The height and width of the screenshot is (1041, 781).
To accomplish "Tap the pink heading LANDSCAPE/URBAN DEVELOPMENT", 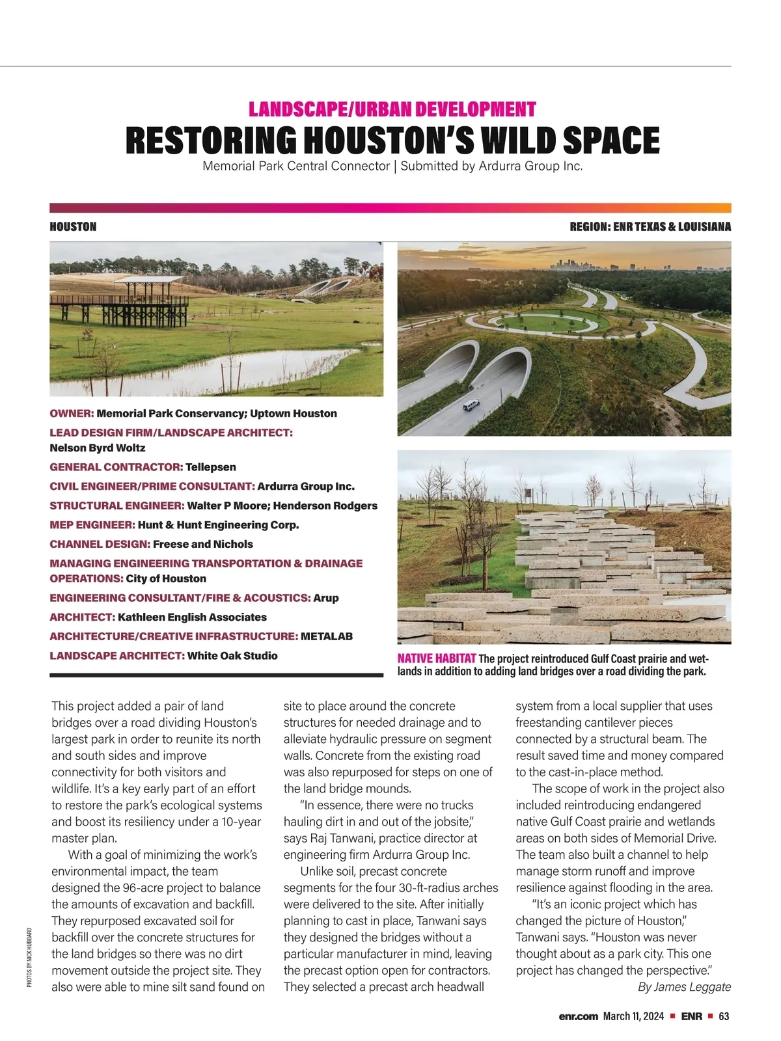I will (x=392, y=109).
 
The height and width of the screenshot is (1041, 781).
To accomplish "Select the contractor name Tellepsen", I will (x=210, y=467).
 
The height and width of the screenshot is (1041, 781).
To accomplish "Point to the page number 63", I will (x=724, y=1016).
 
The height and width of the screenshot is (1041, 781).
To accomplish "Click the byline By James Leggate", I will (x=684, y=987).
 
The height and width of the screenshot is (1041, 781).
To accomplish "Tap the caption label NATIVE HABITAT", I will (x=436, y=658).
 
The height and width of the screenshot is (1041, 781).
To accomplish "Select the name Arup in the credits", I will (x=325, y=598).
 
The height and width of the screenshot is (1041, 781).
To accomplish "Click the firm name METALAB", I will (x=327, y=636).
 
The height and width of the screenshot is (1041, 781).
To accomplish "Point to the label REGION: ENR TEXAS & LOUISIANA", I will (x=650, y=227).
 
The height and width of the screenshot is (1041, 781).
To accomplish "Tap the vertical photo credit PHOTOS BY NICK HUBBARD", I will (x=30, y=957).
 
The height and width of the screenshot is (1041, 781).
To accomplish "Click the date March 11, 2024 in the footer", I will (x=633, y=1016).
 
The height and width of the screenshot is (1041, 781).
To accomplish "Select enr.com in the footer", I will (x=578, y=1016).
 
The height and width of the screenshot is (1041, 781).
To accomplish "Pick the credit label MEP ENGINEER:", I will (x=92, y=525).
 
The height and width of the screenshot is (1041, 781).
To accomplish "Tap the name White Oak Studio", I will (x=232, y=656).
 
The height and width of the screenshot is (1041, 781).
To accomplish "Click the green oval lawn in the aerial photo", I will (x=548, y=321).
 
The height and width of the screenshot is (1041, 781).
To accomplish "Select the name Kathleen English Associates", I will (x=192, y=617).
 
